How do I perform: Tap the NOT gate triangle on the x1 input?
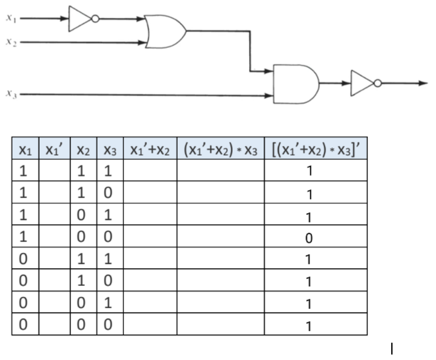pyautogui.click(x=79, y=19)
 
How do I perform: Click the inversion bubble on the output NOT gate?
pyautogui.click(x=377, y=83)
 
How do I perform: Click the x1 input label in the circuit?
pyautogui.click(x=11, y=18)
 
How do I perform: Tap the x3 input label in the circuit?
pyautogui.click(x=11, y=93)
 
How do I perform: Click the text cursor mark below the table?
pyautogui.click(x=392, y=349)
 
